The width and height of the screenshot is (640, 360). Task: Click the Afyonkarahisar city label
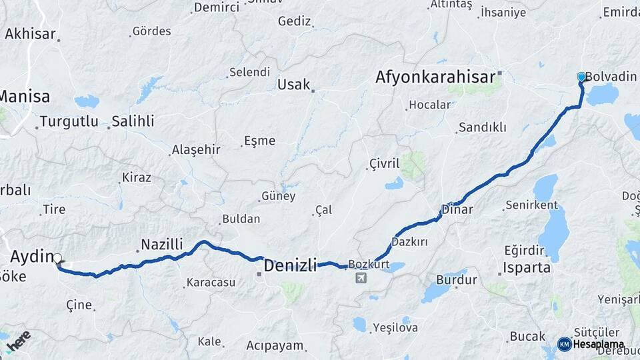(x=435, y=77)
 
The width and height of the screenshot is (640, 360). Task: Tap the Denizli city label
(x=290, y=265)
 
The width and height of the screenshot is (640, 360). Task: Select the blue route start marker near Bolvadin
(x=581, y=77)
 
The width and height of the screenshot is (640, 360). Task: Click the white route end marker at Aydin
(x=57, y=258)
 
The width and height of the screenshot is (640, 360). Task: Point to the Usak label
(x=293, y=85)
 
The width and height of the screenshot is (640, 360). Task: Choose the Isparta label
(x=527, y=268)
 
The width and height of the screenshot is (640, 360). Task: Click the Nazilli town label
(x=162, y=245)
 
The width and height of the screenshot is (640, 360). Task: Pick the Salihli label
(x=133, y=121)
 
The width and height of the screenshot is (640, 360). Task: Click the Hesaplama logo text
(x=599, y=345)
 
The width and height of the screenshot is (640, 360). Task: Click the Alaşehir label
(x=196, y=149)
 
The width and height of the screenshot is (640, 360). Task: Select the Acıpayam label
(x=275, y=345)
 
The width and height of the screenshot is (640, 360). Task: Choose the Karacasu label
(x=211, y=282)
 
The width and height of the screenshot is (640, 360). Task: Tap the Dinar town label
(x=457, y=209)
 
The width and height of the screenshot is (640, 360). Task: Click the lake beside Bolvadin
(x=603, y=95)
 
